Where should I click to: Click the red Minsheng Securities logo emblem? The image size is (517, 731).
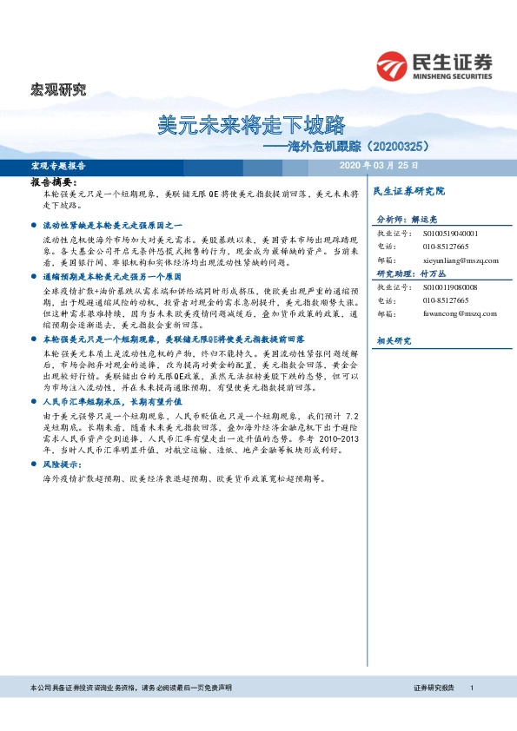394,66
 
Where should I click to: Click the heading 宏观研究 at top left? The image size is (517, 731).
58,89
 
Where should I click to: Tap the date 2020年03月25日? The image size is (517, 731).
378,165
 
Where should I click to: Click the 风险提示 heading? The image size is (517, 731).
61,465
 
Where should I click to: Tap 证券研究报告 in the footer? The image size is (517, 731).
434,688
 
